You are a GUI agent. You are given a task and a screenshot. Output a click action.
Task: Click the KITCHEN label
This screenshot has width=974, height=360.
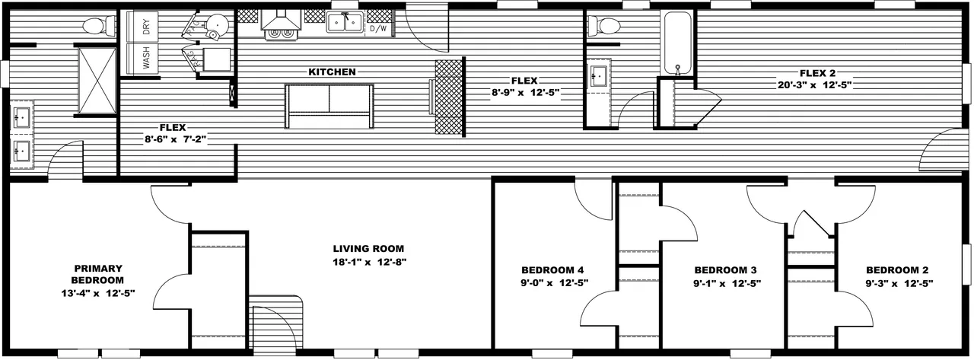(x=333, y=72)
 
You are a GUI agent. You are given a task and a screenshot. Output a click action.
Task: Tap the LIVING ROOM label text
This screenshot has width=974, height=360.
(x=369, y=249)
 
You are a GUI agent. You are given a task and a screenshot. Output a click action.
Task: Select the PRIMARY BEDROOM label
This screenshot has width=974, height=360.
(x=98, y=274)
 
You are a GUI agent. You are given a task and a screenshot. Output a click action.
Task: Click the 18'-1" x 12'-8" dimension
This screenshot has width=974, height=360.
(x=370, y=262)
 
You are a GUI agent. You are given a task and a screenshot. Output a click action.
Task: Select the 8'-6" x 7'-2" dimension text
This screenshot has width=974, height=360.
(x=175, y=140)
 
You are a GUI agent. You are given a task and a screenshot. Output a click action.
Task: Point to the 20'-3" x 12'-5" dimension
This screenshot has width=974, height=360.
(x=814, y=85)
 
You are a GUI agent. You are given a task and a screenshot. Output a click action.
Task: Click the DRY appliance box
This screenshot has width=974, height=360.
(x=142, y=27)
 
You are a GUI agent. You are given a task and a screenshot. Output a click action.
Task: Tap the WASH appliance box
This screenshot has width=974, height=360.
(x=142, y=59)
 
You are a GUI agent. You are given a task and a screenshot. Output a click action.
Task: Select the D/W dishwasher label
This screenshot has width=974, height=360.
(x=378, y=29)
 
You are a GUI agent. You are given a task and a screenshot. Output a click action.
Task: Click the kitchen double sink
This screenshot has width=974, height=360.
(x=345, y=22)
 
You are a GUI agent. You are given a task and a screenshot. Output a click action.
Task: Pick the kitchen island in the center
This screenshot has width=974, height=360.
(x=329, y=107)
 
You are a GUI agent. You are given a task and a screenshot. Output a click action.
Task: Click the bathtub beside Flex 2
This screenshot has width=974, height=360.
(x=676, y=43)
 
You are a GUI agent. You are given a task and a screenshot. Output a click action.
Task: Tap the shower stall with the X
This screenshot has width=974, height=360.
(x=97, y=81)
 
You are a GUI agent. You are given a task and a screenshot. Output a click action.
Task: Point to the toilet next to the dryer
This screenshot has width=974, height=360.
(x=98, y=27)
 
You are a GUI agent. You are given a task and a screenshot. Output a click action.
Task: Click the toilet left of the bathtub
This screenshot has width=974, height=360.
(x=603, y=27)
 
